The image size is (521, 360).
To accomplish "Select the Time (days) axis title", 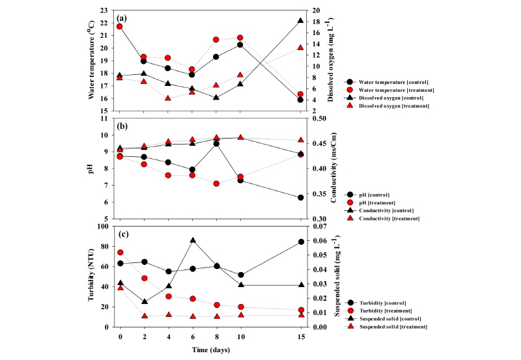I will coord(210,350).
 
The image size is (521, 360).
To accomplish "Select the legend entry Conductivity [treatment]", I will coord(390,218).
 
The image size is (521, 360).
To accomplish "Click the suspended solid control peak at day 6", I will coord(193,240).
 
